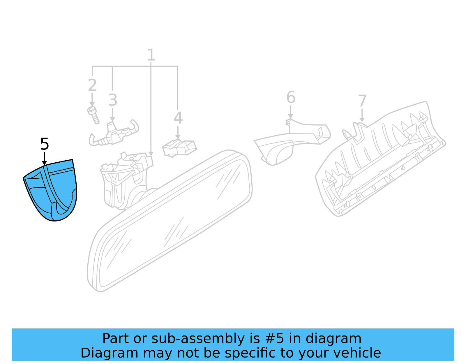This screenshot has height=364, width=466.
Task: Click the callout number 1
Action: tap(151, 55)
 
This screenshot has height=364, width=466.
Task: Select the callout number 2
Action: tap(92, 85)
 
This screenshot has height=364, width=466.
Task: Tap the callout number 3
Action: tap(113, 100)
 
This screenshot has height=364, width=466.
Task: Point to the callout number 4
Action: tap(178, 118)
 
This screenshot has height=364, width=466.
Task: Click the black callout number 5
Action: tap(45, 144)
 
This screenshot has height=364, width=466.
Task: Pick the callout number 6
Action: tap(291, 97)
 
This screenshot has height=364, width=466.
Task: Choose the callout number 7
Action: tap(362, 101)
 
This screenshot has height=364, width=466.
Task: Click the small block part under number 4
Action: tap(179, 148)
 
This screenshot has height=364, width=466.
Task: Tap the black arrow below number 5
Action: tap(44, 159)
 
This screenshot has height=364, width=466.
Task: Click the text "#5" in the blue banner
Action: tap(274, 339)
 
